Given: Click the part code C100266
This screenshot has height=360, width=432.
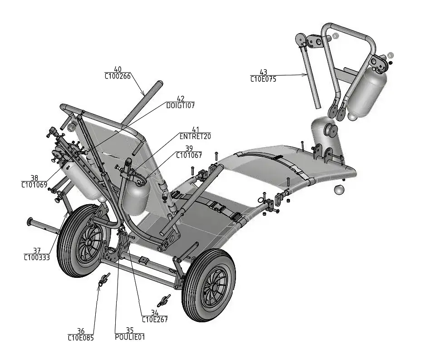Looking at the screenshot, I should (x=118, y=76).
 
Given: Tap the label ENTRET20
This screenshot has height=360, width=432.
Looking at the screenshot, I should (x=195, y=136).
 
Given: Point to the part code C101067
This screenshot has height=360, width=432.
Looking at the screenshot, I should (x=189, y=155).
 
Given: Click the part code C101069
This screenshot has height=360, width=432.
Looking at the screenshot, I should (x=34, y=184).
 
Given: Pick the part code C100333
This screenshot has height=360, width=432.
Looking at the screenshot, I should (x=37, y=257).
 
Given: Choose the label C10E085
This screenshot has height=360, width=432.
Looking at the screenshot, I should (x=81, y=337).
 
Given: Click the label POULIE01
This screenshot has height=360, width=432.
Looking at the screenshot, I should (x=130, y=337).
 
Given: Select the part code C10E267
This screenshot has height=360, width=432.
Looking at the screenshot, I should (x=155, y=319).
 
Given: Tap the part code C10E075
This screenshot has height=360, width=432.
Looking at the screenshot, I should (x=263, y=79).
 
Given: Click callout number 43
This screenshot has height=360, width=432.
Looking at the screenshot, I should (x=263, y=72).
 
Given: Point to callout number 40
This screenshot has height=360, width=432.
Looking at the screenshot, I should (x=118, y=69).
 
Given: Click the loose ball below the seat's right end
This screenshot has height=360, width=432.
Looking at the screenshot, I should (x=339, y=190).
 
